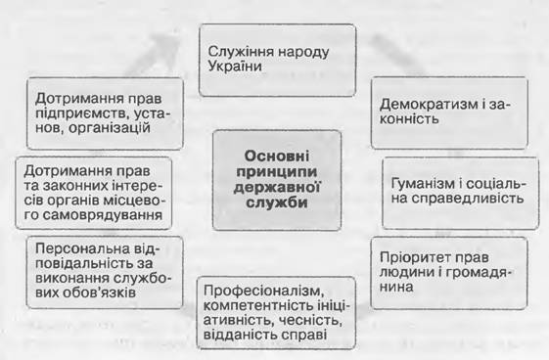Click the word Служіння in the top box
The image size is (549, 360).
tap(242, 52)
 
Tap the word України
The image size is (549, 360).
tap(235, 67)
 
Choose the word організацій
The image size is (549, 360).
tap(110, 128)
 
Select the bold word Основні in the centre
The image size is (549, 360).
tap(277, 157)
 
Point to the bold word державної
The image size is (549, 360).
tap(277, 187)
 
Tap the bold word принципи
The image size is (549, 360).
tap(277, 172)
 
